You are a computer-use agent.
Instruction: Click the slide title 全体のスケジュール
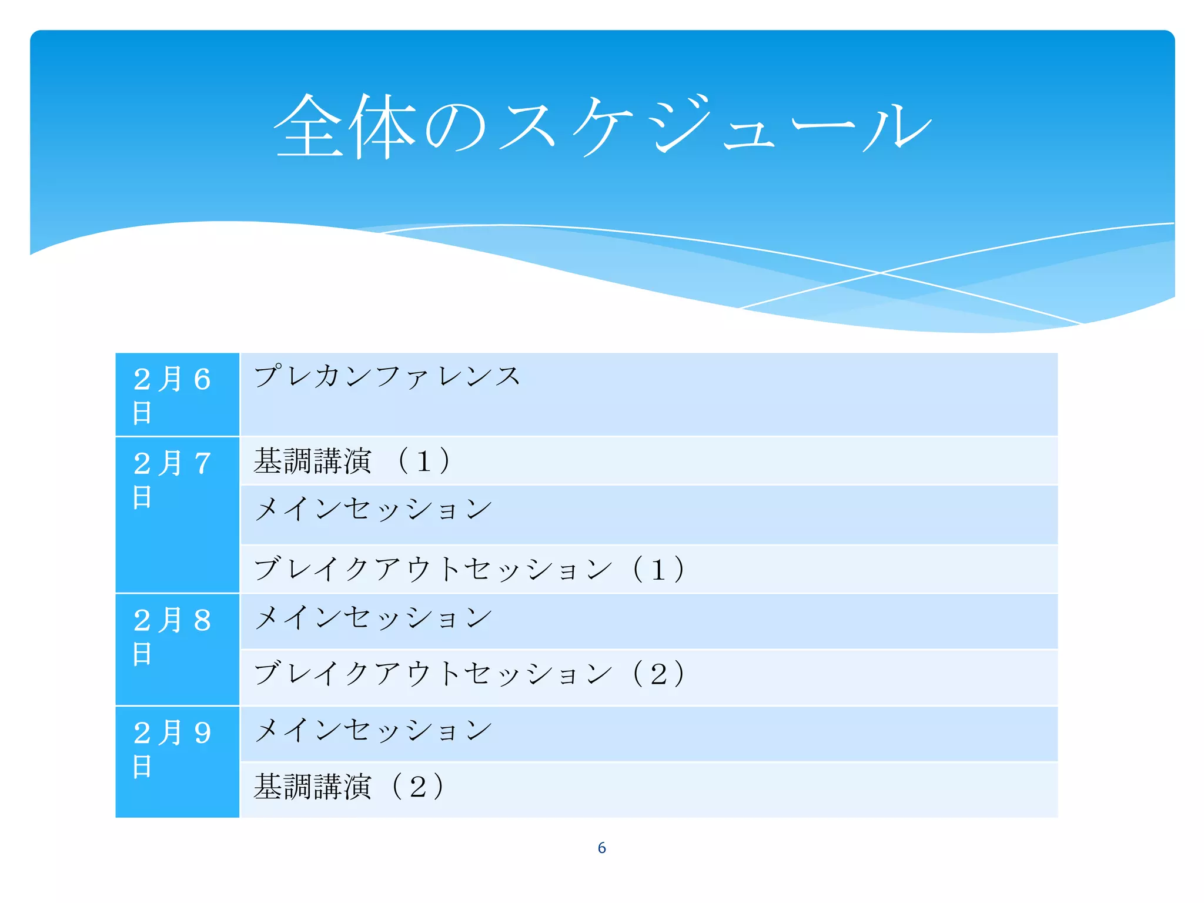coord(602,126)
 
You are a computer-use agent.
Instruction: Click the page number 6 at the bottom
coord(601,848)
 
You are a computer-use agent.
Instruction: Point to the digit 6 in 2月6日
coord(202,379)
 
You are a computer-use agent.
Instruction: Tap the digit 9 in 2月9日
coord(202,733)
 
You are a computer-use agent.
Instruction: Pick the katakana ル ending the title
coord(897,126)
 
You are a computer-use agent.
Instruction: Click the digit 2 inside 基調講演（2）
coord(418,787)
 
